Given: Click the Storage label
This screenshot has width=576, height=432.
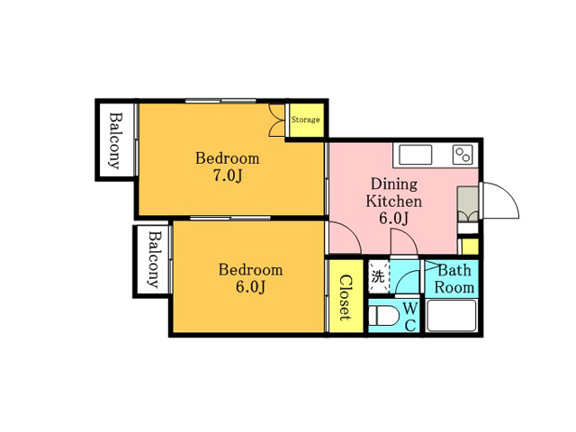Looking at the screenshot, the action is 305,120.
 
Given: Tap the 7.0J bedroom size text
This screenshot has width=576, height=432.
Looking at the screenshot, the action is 228,176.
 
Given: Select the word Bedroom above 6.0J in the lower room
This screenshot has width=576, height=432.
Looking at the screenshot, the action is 250,270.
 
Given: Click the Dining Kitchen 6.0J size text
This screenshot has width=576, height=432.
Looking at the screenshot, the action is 394,219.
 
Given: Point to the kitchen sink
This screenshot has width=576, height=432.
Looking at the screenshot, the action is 415,155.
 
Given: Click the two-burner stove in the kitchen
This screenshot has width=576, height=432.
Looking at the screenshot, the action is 463,155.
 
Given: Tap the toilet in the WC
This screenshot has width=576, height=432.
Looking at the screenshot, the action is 384,316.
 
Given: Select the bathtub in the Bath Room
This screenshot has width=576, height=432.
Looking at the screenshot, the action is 452,316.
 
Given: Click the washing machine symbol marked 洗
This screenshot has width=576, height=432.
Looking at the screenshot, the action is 378,276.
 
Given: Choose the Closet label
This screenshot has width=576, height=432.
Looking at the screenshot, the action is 346,297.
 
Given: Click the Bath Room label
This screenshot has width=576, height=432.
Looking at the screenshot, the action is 454,279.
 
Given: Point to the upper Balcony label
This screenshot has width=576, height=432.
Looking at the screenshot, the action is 115,141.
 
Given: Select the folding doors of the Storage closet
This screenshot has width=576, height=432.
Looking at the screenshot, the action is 277,120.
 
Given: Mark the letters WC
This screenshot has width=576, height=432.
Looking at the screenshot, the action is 410,316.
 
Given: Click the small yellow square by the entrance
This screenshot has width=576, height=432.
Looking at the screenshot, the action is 470,247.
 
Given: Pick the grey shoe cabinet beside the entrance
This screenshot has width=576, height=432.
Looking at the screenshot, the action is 468,204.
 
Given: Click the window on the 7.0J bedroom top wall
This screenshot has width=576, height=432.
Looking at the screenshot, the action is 220,101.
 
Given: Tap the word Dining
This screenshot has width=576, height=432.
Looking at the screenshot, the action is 394,184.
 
